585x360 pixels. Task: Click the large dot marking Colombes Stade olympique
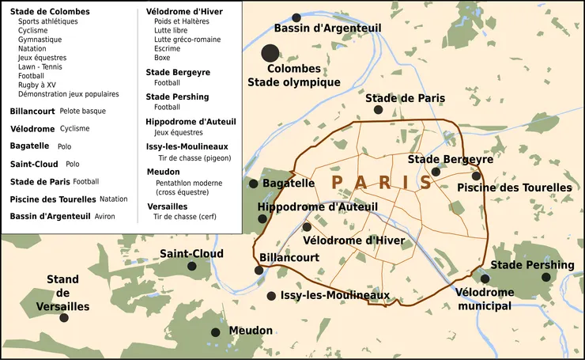(x=270, y=53)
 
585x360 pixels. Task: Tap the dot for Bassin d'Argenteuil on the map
(x=296, y=17)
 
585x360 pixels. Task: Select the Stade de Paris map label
(x=404, y=98)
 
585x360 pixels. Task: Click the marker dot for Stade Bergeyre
(x=435, y=172)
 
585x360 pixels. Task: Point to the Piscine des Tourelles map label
(x=515, y=188)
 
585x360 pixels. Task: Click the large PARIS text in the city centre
(x=382, y=183)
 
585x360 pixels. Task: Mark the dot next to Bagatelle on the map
(x=253, y=184)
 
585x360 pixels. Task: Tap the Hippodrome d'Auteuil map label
(x=318, y=207)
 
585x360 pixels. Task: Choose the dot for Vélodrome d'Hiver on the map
(x=307, y=227)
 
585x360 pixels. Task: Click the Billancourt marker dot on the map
(x=259, y=270)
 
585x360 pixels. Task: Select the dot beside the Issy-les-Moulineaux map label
(x=271, y=296)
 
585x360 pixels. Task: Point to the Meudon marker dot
(x=215, y=332)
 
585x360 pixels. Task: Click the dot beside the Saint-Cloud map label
(x=191, y=267)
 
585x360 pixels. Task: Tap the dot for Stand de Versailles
(x=64, y=317)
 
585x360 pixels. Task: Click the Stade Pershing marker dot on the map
(x=545, y=277)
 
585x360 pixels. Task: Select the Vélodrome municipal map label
(x=485, y=298)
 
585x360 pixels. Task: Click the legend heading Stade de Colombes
(x=50, y=12)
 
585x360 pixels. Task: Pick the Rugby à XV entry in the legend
(x=37, y=85)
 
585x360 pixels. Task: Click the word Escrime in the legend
(x=168, y=48)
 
